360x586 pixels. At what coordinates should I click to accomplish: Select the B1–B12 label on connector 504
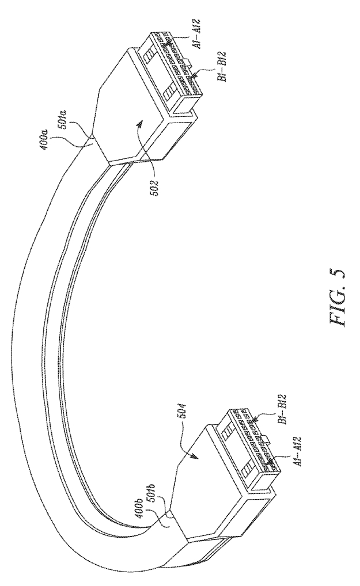[x=282, y=409]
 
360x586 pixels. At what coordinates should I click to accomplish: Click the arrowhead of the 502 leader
[x=141, y=123]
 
